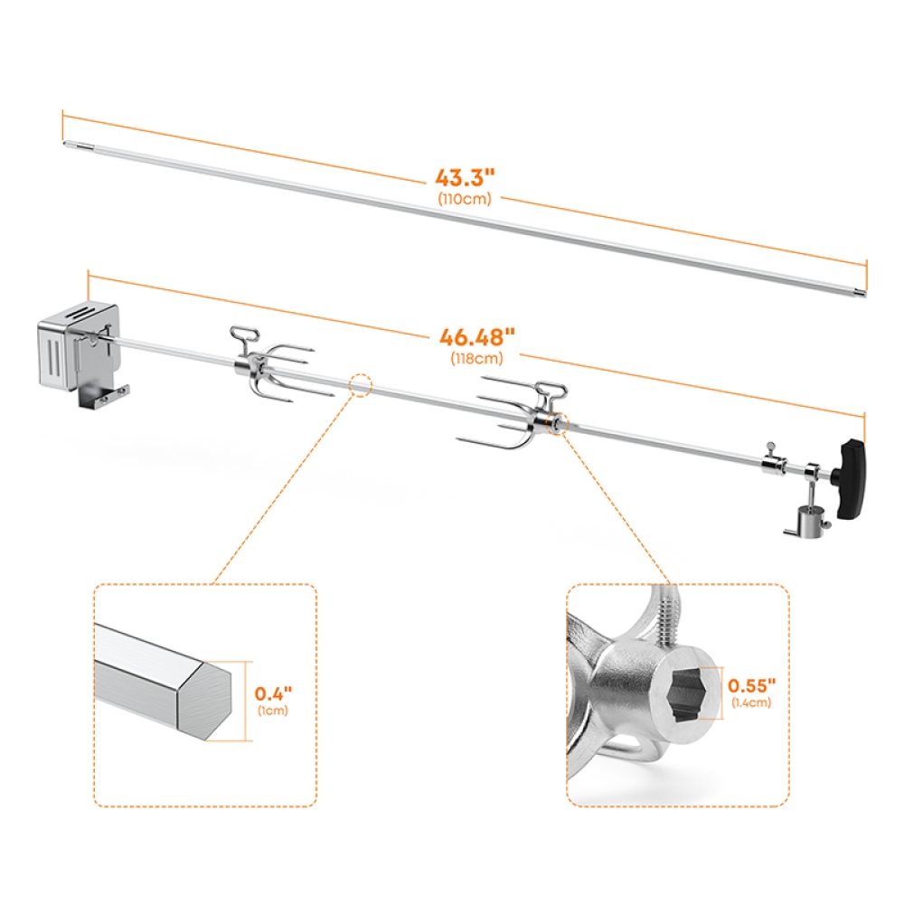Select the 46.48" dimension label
click(477, 338)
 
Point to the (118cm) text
click(477, 357)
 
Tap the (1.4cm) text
click(752, 703)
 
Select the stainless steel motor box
click(79, 348)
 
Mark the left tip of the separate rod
click(66, 142)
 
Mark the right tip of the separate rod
click(862, 291)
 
